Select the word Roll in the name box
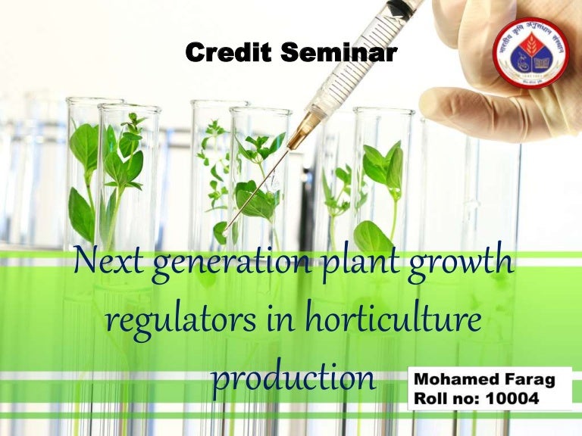coord(429,397)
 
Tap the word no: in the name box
coord(467,397)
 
